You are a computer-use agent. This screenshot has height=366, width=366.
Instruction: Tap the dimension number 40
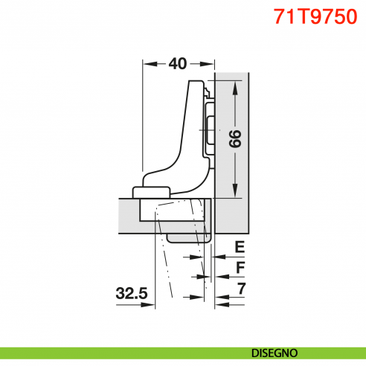177,64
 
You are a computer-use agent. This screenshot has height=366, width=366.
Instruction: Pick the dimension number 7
240,287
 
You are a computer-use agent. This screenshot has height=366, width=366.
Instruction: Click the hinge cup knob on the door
152,190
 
